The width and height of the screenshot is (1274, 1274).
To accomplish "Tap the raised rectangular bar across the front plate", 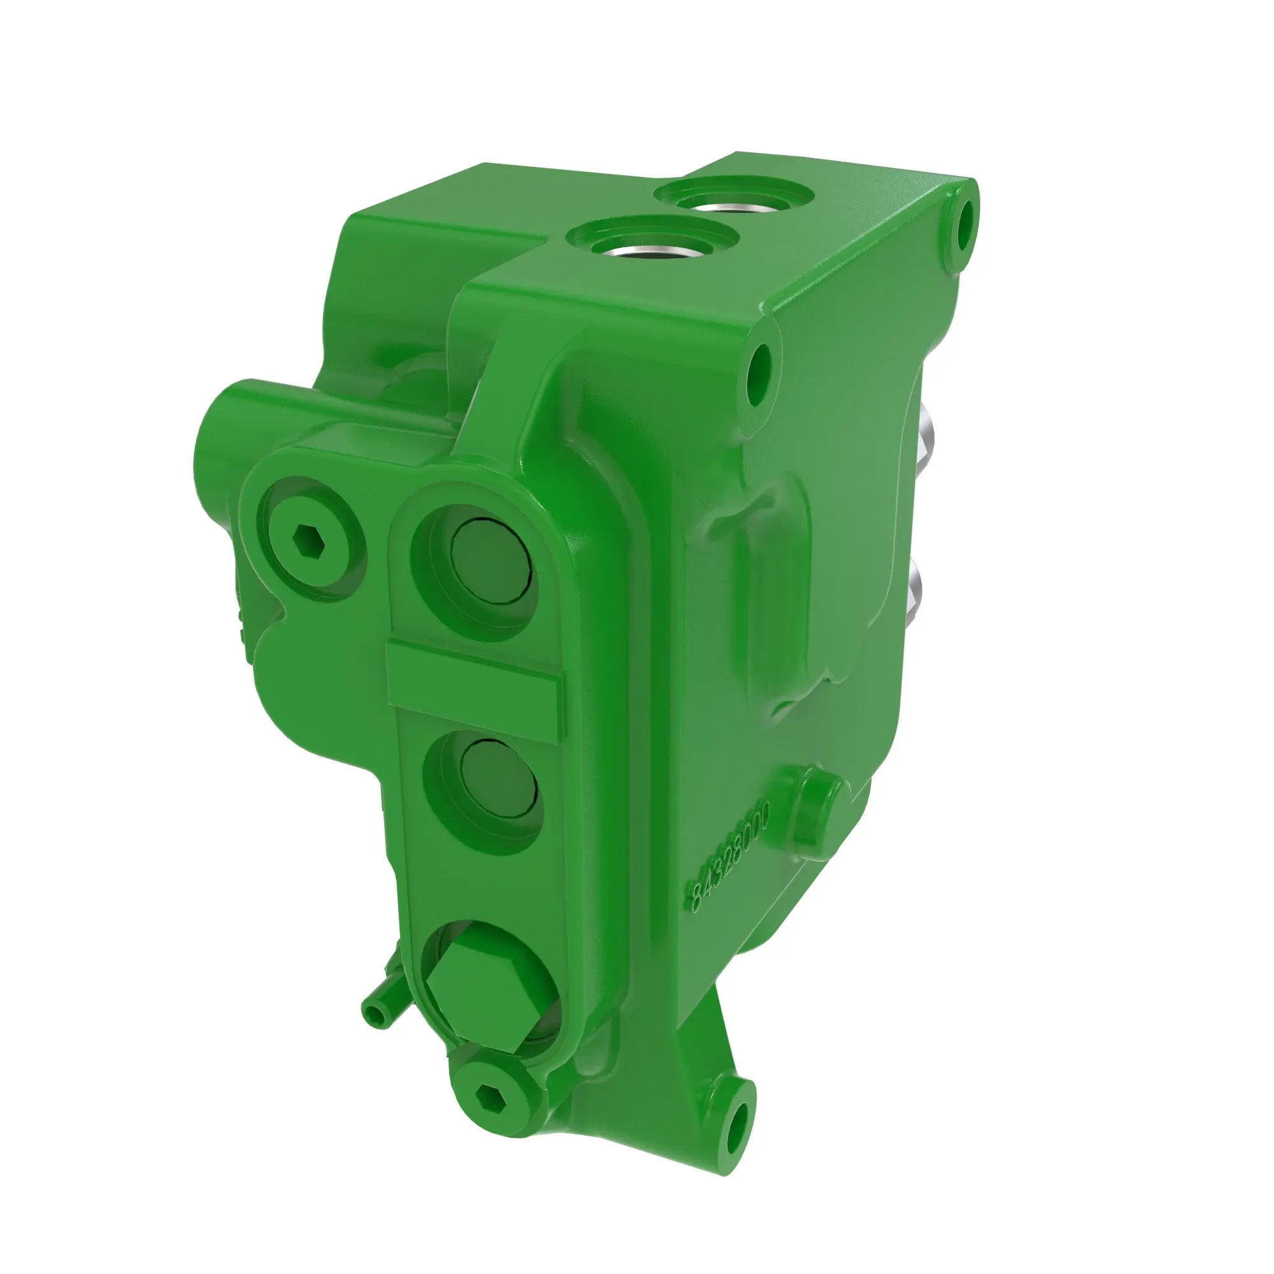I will click(x=474, y=690).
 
